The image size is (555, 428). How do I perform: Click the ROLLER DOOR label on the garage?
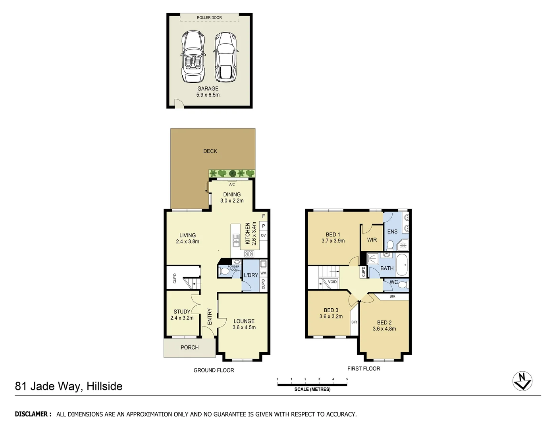[209, 17]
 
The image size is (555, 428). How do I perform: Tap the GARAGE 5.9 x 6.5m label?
[208, 92]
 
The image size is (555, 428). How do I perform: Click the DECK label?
[210, 151]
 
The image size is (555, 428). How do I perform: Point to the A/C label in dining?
[232, 185]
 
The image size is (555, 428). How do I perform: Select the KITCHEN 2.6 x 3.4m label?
[250, 233]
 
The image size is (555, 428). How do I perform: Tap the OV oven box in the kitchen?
[263, 235]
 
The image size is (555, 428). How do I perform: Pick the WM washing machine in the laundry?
[263, 273]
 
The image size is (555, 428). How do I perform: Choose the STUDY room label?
[182, 315]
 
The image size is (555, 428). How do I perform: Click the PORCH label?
[189, 347]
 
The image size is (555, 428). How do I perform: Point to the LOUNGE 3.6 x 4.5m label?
[244, 324]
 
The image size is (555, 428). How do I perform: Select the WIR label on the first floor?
[372, 240]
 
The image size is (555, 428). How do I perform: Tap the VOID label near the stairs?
[332, 282]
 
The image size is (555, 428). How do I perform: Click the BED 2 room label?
[384, 325]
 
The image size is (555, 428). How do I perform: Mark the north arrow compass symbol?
[522, 381]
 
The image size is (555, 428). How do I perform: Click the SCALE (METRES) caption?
[312, 389]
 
